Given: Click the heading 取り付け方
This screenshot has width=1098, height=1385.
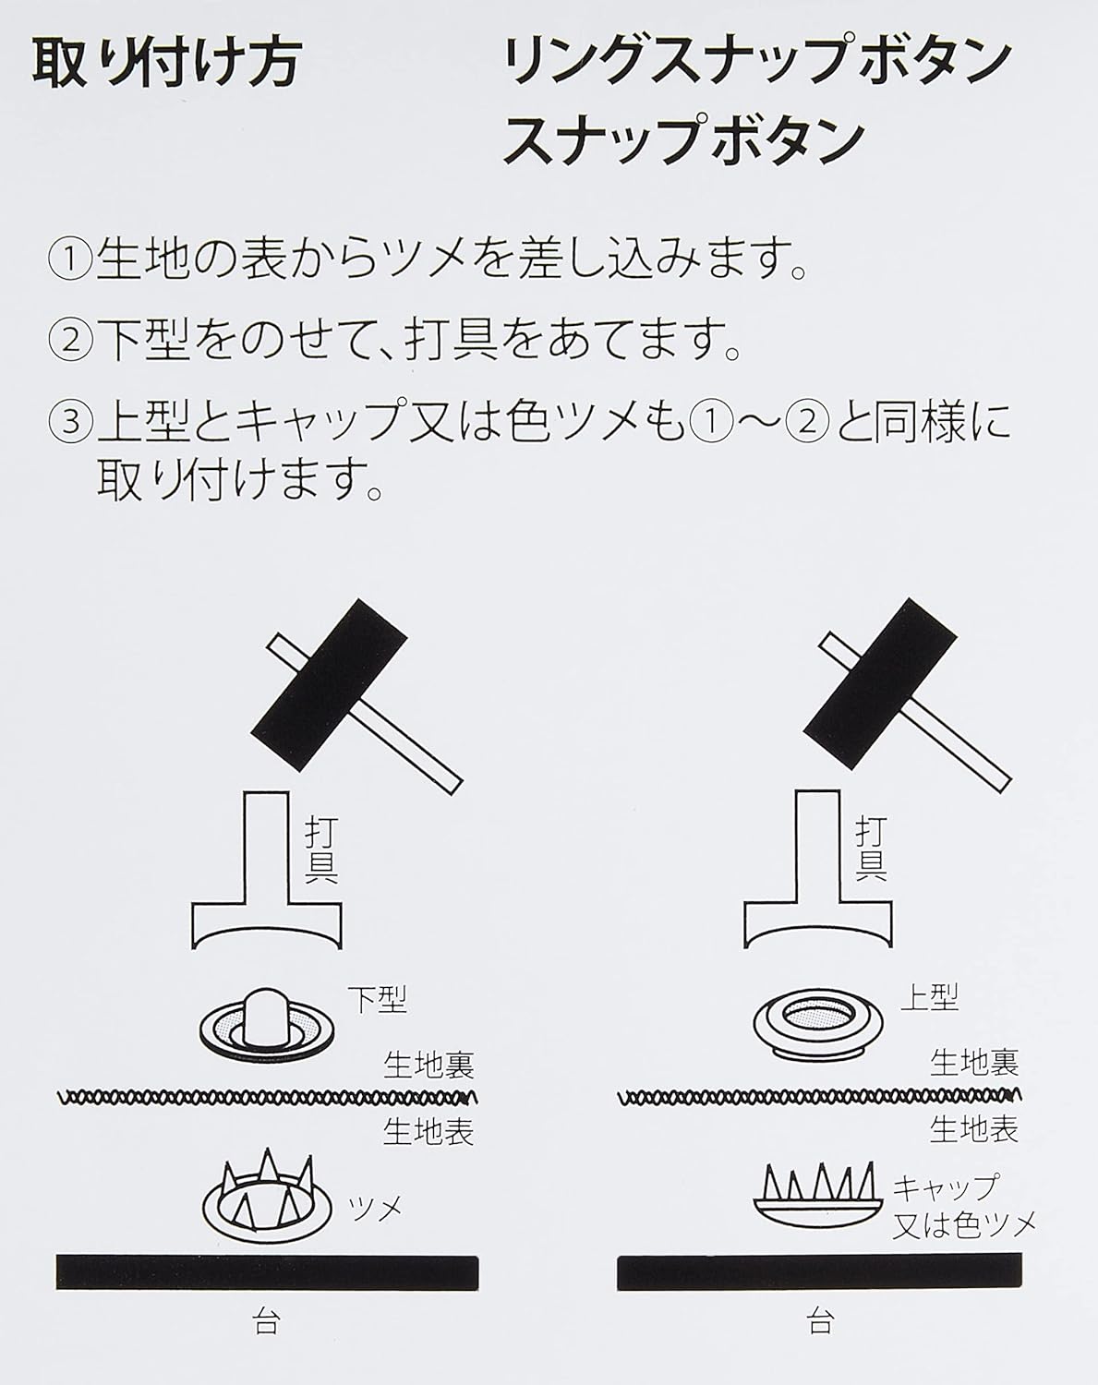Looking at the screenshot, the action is (166, 65).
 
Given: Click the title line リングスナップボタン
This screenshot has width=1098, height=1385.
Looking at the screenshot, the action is (756, 65).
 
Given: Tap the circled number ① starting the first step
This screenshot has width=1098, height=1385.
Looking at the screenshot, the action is (71, 259).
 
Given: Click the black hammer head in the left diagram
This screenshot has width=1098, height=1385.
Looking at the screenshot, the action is (328, 684).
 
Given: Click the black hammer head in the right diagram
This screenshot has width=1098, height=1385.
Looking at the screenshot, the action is (881, 684).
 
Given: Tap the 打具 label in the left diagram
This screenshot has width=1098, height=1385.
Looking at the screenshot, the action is (320, 850).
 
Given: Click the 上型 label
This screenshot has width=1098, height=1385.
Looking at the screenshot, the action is (929, 998).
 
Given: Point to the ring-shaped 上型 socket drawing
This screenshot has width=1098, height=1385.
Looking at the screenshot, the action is (818, 1023).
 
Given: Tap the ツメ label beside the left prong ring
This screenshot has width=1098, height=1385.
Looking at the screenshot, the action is (375, 1207).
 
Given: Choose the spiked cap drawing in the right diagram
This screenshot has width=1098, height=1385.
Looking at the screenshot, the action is (818, 1197).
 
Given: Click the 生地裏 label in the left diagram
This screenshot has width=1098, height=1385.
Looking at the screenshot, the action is (428, 1066).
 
